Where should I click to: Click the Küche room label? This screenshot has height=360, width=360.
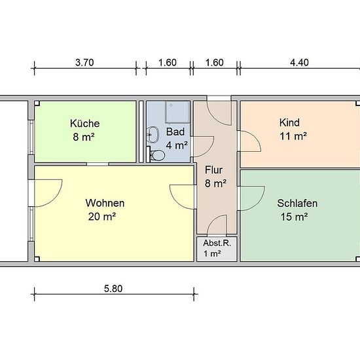click(x=84, y=124)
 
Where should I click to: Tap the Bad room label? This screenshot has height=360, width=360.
click(x=175, y=132)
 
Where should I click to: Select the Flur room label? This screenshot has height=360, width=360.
click(x=213, y=170)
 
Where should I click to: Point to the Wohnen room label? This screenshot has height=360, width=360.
click(x=105, y=203)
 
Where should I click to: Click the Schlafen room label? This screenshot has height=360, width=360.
click(x=297, y=204)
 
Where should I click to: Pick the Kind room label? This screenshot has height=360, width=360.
click(x=289, y=122)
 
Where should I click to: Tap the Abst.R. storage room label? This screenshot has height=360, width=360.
click(x=217, y=243)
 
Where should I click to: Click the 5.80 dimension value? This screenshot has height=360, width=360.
click(x=113, y=289)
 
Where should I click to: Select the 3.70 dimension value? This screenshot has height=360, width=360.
click(x=84, y=62)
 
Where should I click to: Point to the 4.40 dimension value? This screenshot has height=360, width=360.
click(x=299, y=62)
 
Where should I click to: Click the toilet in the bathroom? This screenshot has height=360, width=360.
click(x=156, y=154)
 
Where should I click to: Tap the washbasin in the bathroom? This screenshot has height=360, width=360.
click(x=153, y=134)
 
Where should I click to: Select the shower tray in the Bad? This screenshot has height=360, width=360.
click(x=177, y=113)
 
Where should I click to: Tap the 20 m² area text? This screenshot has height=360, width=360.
click(x=101, y=217)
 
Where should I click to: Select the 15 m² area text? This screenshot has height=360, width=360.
click(x=294, y=217)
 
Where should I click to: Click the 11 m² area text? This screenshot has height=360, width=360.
click(x=293, y=136)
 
